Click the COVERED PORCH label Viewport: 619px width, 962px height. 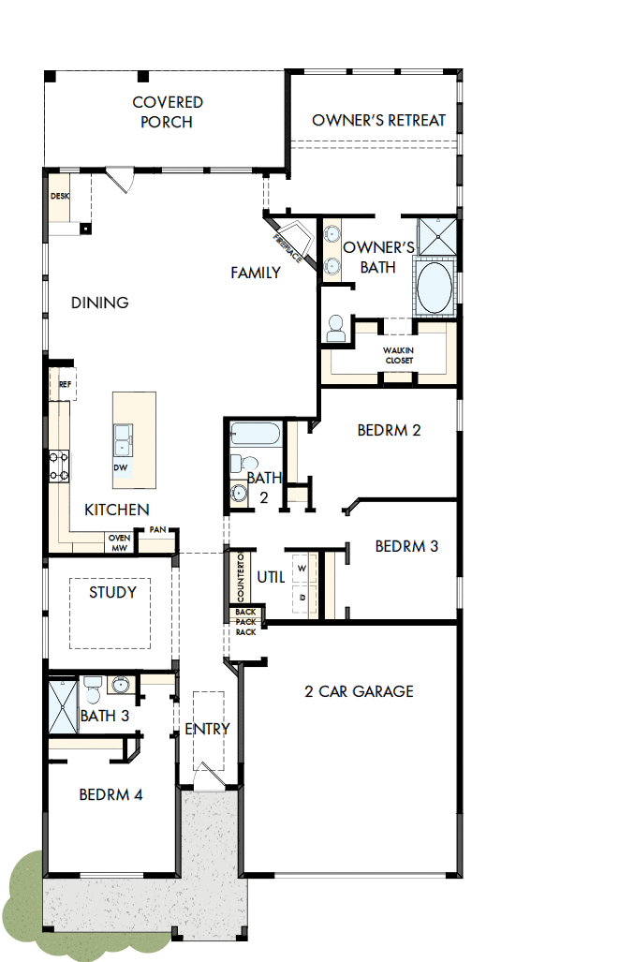[x=168, y=111]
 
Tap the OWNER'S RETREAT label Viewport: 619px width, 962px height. [x=378, y=120]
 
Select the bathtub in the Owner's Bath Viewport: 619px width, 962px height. [x=435, y=288]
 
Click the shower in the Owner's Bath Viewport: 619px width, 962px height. [x=436, y=236]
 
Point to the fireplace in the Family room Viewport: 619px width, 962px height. [x=290, y=241]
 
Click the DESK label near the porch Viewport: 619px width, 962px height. [x=60, y=197]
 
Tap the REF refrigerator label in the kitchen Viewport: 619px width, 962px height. [x=65, y=384]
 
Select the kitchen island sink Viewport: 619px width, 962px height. [x=123, y=437]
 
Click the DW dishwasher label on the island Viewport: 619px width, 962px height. [x=121, y=466]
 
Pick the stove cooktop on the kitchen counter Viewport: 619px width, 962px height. [x=59, y=466]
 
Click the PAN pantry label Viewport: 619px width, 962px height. [x=157, y=530]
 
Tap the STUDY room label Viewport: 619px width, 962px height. [x=112, y=592]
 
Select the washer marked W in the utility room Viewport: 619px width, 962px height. [x=302, y=568]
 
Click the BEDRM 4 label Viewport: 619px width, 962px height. [x=111, y=794]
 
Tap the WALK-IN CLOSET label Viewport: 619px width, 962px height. [x=398, y=355]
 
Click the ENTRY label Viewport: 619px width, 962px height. [x=207, y=729]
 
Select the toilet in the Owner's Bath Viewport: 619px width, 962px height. [x=336, y=328]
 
